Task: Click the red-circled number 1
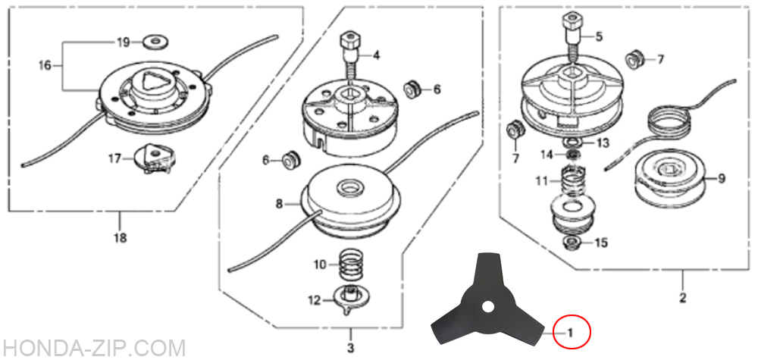coord(571,332)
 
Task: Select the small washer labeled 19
coord(154,42)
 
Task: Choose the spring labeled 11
coord(574,180)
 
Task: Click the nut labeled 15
coord(574,242)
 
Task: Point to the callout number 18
coord(120,238)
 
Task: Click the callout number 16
coord(45,65)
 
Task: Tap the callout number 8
coord(279,205)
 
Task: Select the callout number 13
coord(603,143)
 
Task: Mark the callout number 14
coord(547,155)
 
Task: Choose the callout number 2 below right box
coord(683,298)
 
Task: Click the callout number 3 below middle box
coord(351,348)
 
